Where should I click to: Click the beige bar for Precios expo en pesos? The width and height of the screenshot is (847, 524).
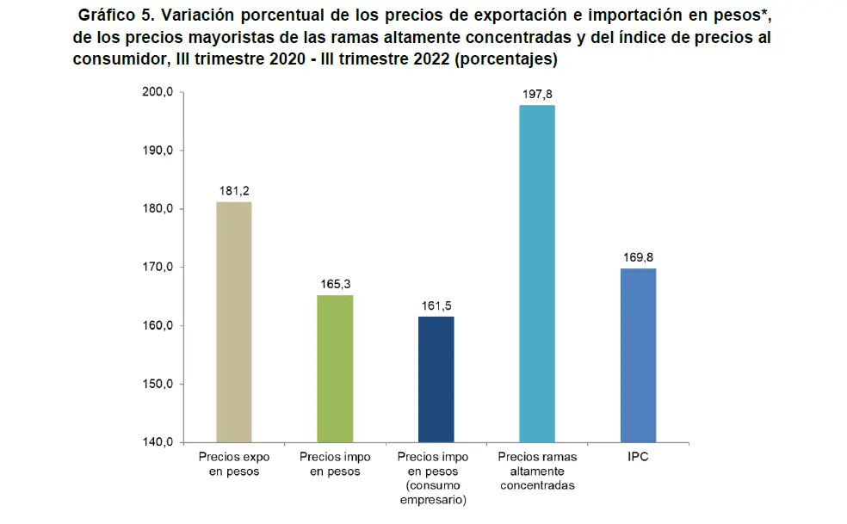[233, 322]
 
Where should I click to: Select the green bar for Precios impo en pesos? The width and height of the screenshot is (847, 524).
[335, 368]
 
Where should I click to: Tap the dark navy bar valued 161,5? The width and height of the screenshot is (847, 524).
[436, 379]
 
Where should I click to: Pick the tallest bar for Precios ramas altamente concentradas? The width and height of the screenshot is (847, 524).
[537, 274]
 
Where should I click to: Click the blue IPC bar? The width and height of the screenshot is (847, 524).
[638, 355]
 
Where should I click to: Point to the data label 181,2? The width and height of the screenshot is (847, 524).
[234, 190]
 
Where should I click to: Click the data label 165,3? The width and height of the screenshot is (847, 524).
[335, 283]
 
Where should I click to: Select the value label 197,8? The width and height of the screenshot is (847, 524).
[537, 93]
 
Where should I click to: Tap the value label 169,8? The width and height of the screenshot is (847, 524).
[638, 256]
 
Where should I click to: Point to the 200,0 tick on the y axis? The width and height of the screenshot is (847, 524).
[158, 92]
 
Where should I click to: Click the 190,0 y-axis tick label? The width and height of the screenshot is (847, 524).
[158, 151]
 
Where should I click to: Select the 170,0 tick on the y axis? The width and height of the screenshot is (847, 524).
[158, 268]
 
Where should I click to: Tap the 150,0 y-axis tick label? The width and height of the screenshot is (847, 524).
[158, 384]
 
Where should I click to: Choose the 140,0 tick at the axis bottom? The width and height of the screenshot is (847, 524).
[158, 442]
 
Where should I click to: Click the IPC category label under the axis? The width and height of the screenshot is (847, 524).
[638, 458]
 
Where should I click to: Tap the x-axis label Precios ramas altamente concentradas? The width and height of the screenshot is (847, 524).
[537, 472]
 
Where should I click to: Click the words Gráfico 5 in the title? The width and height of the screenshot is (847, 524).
[112, 16]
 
